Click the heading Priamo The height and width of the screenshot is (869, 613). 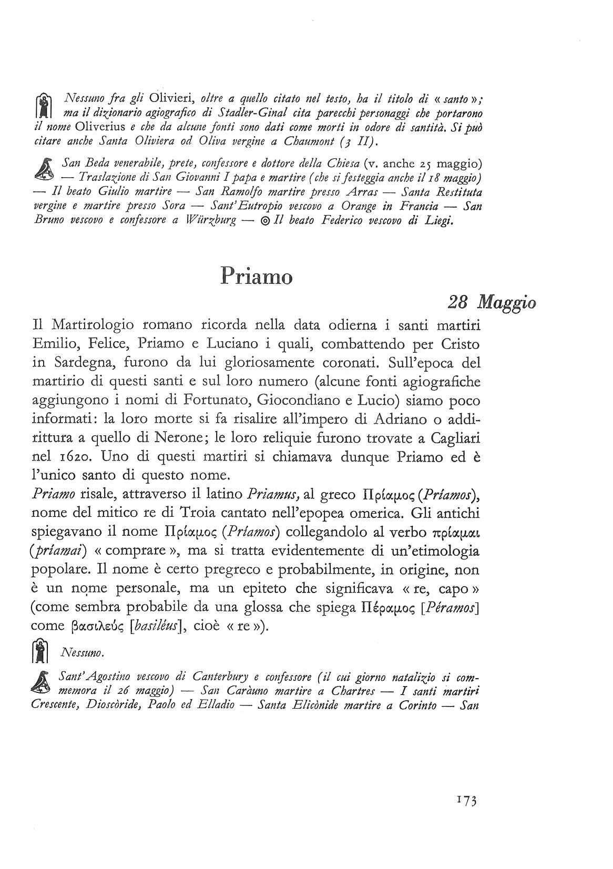(256, 275)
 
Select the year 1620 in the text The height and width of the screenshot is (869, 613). (68, 457)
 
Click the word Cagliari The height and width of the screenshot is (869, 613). (453, 438)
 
